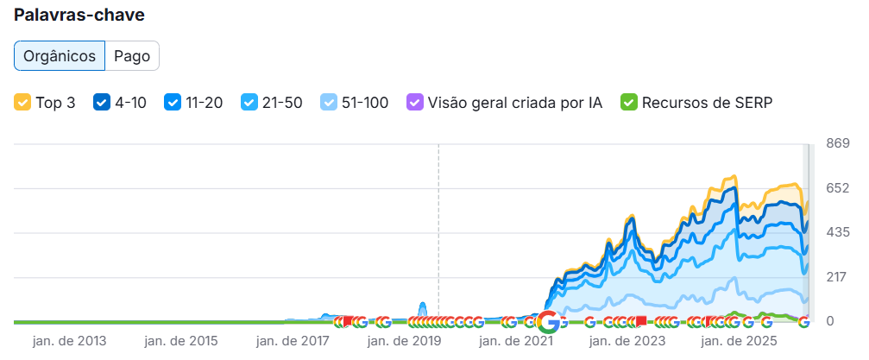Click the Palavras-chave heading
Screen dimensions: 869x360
click(x=79, y=16)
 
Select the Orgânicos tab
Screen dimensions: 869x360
click(x=60, y=56)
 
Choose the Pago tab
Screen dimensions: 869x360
click(x=132, y=56)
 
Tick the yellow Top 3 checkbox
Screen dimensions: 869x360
click(x=22, y=103)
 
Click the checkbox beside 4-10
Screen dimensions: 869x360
click(x=102, y=103)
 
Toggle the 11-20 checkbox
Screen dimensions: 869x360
click(x=173, y=103)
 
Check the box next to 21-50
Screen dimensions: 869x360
click(x=249, y=103)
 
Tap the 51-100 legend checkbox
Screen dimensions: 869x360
click(x=329, y=103)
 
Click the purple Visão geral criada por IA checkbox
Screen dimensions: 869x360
click(x=414, y=103)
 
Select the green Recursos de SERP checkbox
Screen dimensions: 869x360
click(x=628, y=103)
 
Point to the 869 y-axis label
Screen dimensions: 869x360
click(x=838, y=143)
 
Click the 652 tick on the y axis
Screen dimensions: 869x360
click(x=838, y=188)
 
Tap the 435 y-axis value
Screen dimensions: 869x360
click(x=838, y=232)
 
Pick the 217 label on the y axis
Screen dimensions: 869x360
click(x=838, y=277)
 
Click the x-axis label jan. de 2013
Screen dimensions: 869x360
click(x=69, y=341)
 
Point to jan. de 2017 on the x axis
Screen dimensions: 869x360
click(x=293, y=341)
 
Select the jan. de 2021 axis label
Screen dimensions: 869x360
click(x=516, y=341)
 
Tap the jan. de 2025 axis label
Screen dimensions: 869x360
click(x=739, y=341)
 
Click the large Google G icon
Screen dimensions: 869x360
click(x=548, y=321)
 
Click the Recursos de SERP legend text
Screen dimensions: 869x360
click(x=707, y=103)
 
